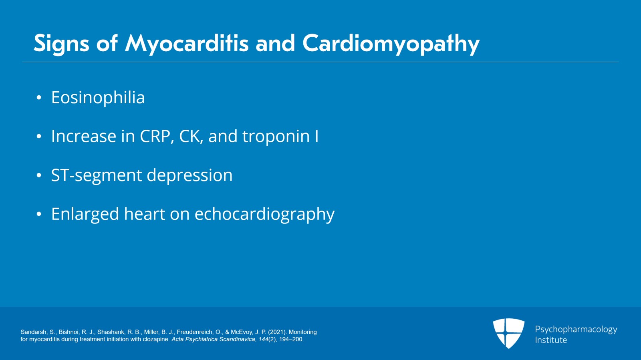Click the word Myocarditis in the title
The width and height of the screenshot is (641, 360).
pos(187,43)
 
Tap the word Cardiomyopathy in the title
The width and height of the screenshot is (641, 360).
pos(391,43)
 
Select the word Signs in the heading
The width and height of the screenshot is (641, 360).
pos(61,43)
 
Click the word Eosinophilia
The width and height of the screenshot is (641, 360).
pos(98,98)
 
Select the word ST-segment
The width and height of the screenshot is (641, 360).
pos(97,175)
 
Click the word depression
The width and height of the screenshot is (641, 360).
pos(189,175)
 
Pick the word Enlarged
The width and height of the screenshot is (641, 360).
pos(85,214)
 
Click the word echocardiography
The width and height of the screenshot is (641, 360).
pos(264,214)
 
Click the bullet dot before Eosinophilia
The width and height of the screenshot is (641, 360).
pos(39,98)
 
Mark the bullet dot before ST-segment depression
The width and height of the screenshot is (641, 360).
pos(39,176)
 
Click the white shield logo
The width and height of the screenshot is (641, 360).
pos(508,333)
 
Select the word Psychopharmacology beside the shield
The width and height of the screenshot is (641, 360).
pos(576,329)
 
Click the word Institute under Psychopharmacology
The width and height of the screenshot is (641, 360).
pos(551,340)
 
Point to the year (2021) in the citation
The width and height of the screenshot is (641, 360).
pos(277,332)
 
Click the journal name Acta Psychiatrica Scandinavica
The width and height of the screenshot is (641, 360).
pos(213,339)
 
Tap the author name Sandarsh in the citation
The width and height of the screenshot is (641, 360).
pos(34,332)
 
